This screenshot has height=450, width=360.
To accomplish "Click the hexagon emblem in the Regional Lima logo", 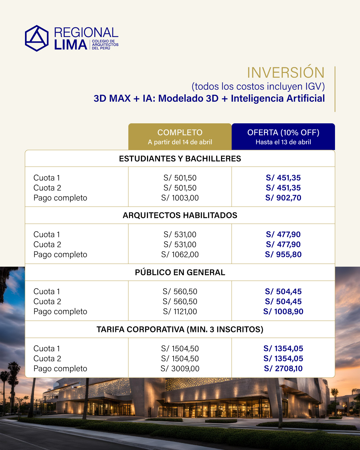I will pyautogui.click(x=37, y=38).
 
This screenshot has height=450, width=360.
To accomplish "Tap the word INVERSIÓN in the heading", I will pyautogui.click(x=285, y=73).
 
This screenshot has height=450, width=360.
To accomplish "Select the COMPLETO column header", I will pyautogui.click(x=180, y=133).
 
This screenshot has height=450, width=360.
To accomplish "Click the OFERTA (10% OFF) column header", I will pyautogui.click(x=283, y=133).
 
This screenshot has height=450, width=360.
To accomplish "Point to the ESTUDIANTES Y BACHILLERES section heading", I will pyautogui.click(x=180, y=159).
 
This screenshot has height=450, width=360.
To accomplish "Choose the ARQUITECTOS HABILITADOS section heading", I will pyautogui.click(x=180, y=215).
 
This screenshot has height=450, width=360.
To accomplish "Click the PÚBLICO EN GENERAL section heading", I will pyautogui.click(x=180, y=272).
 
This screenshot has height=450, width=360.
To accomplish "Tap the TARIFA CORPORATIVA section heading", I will pyautogui.click(x=180, y=329).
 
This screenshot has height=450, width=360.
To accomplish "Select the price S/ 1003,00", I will pyautogui.click(x=180, y=198).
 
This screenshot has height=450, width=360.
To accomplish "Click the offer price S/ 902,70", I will pyautogui.click(x=283, y=198).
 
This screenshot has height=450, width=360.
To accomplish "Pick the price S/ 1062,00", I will pyautogui.click(x=180, y=254).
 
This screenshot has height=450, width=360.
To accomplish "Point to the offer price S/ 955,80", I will pyautogui.click(x=283, y=254).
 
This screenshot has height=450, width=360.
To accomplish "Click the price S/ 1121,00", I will pyautogui.click(x=180, y=311).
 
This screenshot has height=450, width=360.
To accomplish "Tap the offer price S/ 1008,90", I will pyautogui.click(x=283, y=311).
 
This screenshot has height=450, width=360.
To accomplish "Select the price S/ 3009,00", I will pyautogui.click(x=180, y=368).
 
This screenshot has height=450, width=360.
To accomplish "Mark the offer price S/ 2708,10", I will pyautogui.click(x=283, y=368).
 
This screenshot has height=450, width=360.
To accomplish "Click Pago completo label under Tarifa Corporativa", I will pyautogui.click(x=60, y=368).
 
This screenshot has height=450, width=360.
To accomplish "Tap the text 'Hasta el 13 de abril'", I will pyautogui.click(x=283, y=142).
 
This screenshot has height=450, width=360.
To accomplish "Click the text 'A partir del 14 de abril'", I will pyautogui.click(x=180, y=142).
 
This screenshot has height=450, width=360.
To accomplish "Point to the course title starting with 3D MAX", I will pyautogui.click(x=209, y=98).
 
